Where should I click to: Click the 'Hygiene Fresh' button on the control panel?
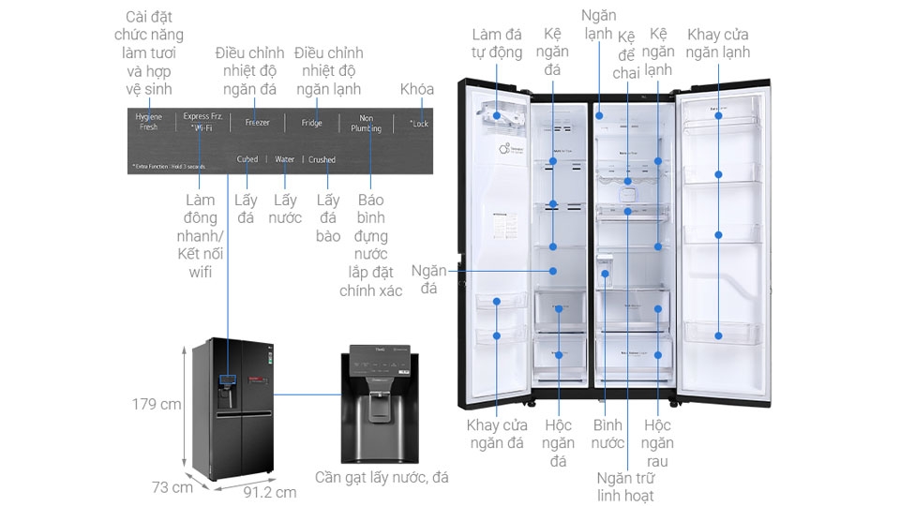(148, 121)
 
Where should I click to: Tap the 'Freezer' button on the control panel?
(258, 123)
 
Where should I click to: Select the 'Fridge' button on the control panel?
(312, 123)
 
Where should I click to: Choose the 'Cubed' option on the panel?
(247, 159)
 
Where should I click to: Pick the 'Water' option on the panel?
(284, 159)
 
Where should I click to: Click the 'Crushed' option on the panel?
(322, 159)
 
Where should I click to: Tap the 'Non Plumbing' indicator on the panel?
(366, 123)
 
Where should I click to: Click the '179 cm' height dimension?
(156, 405)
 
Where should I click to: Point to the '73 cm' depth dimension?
(174, 487)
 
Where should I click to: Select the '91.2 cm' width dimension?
(269, 492)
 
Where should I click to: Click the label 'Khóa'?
(417, 89)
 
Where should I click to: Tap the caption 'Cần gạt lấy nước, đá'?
(382, 478)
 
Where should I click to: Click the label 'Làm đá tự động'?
(497, 43)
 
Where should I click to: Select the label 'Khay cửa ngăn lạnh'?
(718, 43)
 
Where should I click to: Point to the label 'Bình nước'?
(607, 434)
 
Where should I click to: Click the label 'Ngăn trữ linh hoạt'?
(625, 486)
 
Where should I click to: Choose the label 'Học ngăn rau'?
(657, 443)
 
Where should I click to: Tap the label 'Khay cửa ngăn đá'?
(496, 434)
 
